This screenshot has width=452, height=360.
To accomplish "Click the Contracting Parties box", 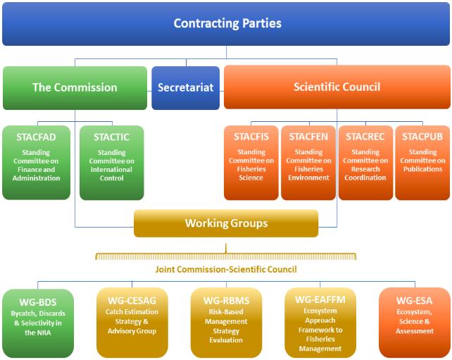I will [x=226, y=24].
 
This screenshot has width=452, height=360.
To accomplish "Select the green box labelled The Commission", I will [x=75, y=87].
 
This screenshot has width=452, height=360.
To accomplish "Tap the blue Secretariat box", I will [x=185, y=88].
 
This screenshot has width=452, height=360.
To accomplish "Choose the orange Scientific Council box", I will [x=337, y=87].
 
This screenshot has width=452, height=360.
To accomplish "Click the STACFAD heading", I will [x=37, y=137].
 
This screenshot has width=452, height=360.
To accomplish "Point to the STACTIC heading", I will [x=111, y=137].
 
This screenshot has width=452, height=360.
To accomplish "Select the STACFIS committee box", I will [x=251, y=162].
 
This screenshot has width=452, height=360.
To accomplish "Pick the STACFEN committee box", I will [x=308, y=162].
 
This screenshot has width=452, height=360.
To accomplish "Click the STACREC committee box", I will [x=365, y=162].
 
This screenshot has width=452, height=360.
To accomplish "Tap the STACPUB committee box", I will [x=422, y=162].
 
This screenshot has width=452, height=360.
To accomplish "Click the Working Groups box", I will [x=226, y=223].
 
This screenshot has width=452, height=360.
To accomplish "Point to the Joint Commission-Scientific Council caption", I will [x=226, y=269].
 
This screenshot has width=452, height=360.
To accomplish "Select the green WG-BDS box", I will [x=37, y=322].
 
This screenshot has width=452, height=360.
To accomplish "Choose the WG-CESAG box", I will [x=132, y=322].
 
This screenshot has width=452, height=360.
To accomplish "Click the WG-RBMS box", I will [x=226, y=322].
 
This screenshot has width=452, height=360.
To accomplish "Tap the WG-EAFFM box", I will [x=320, y=322].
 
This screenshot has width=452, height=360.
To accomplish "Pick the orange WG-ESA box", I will [x=414, y=322].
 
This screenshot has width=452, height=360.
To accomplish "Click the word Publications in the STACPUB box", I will [x=422, y=169].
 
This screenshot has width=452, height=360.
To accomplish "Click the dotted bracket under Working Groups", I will [x=226, y=256].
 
